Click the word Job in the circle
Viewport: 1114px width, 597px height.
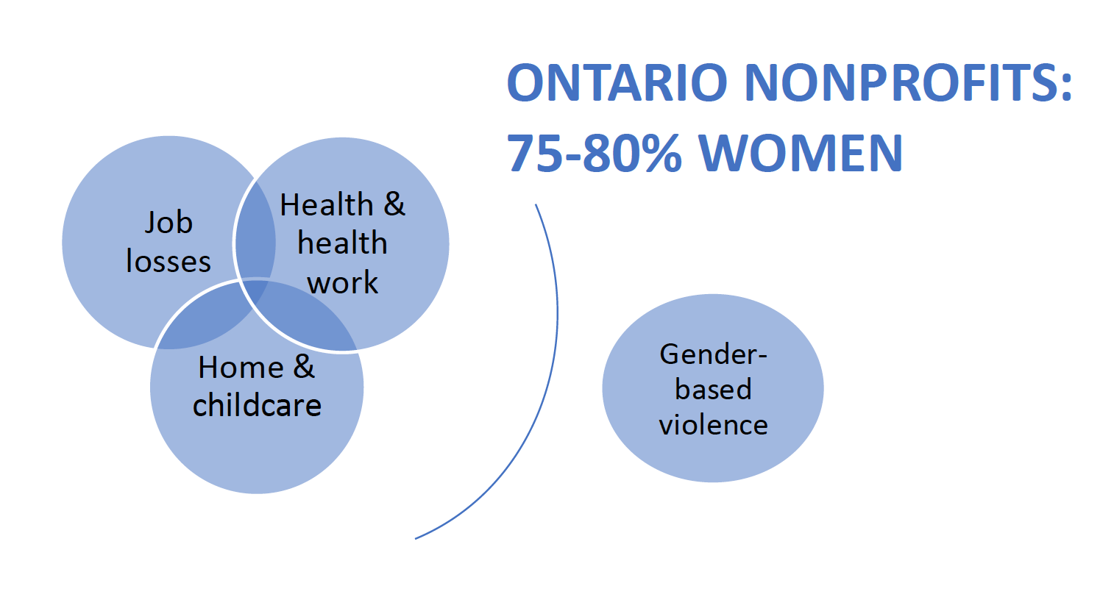point(168,222)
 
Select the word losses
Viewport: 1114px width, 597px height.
point(168,261)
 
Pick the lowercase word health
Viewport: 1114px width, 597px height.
point(342,243)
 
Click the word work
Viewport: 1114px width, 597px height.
point(342,282)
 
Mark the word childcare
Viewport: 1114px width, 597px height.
point(257,405)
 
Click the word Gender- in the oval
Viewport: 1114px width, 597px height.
point(713,354)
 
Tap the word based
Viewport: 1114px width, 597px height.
point(713,389)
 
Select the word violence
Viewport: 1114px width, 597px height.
point(713,424)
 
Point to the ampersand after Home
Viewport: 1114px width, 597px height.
point(304,367)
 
